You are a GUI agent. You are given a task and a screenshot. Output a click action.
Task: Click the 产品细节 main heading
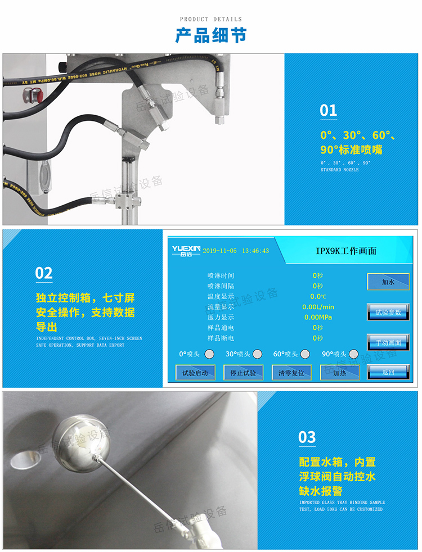pyautogui.click(x=210, y=35)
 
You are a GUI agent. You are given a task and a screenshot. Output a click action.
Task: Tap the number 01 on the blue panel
pyautogui.click(x=328, y=110)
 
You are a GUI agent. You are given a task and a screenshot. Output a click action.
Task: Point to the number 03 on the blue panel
pyautogui.click(x=307, y=437)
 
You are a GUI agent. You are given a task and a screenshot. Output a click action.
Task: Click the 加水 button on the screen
pyautogui.click(x=388, y=281)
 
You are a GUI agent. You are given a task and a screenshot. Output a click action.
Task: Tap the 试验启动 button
pyautogui.click(x=195, y=373)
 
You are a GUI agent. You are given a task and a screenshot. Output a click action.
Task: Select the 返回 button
pyautogui.click(x=388, y=372)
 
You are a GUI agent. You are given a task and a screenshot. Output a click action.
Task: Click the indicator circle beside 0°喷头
pyautogui.click(x=209, y=354)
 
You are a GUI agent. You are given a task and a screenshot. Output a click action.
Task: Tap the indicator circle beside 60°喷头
pyautogui.click(x=305, y=354)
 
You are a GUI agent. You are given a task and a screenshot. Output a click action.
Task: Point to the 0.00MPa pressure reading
pyautogui.click(x=318, y=317)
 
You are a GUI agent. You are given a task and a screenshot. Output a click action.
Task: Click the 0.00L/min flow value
pyautogui.click(x=318, y=307)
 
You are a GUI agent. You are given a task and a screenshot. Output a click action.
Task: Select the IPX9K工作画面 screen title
pyautogui.click(x=345, y=251)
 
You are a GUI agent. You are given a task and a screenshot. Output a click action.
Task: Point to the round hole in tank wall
pyautogui.click(x=21, y=459)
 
